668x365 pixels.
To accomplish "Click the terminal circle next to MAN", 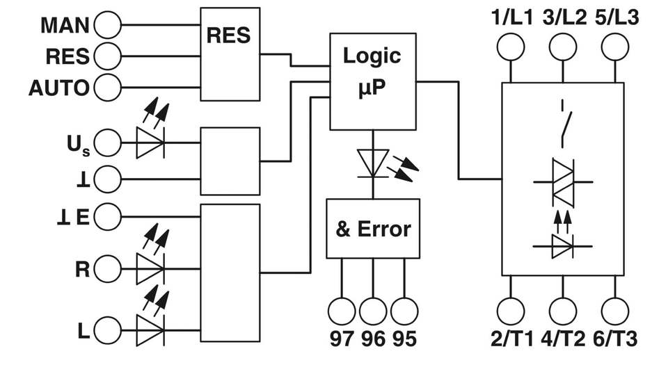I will pyautogui.click(x=107, y=26).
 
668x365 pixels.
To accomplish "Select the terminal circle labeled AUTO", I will pyautogui.click(x=107, y=88).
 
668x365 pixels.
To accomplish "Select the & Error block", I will pyautogui.click(x=373, y=229).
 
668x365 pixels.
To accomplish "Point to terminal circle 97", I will pyautogui.click(x=341, y=310).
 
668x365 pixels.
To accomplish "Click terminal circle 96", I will pyautogui.click(x=373, y=310).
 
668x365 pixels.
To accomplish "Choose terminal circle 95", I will pyautogui.click(x=405, y=310).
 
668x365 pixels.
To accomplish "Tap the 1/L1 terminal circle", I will pyautogui.click(x=512, y=47).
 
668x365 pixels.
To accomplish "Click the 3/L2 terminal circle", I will pyautogui.click(x=563, y=47).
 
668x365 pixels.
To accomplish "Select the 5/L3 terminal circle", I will pyautogui.click(x=614, y=47).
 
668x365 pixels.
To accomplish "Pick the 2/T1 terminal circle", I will pyautogui.click(x=512, y=310).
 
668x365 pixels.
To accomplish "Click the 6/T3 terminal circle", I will pyautogui.click(x=614, y=310).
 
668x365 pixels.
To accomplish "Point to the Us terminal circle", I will pyautogui.click(x=107, y=145).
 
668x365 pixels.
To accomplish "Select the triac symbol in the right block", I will pyautogui.click(x=563, y=182).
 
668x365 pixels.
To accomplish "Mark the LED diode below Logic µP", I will pyautogui.click(x=373, y=164).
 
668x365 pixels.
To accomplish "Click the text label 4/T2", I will pyautogui.click(x=563, y=339).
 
